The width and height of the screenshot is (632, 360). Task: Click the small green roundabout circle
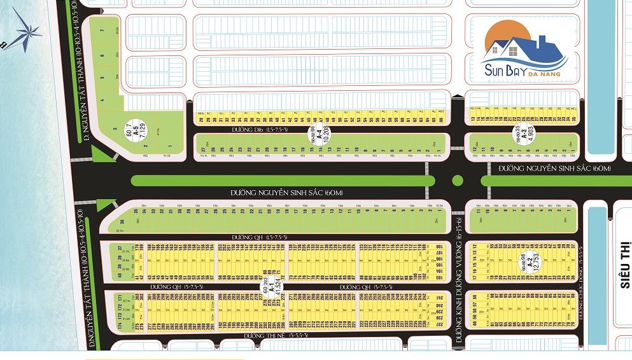[457, 181]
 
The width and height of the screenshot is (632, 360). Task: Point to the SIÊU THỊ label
[624, 265]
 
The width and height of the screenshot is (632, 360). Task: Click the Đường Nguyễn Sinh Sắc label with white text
[554, 169]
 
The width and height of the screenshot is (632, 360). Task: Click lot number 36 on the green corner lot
[122, 223]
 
